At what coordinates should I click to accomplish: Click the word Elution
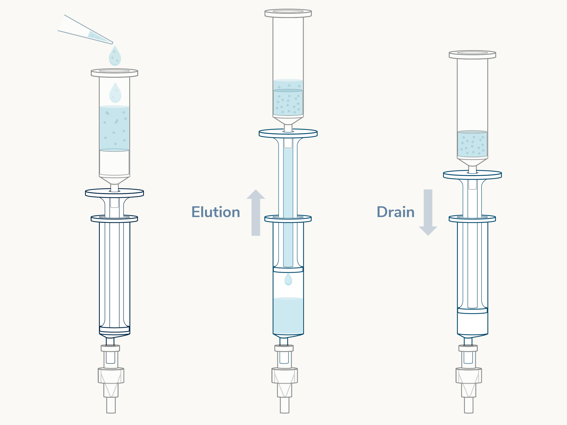pos(216,212)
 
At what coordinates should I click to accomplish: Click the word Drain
pos(396,212)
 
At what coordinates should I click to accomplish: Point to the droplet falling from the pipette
pos(115,56)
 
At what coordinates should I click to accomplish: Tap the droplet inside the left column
pos(115,93)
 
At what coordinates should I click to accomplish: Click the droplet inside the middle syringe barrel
pos(288,279)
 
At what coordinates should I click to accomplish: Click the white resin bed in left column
pos(114,163)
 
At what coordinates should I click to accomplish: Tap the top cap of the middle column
pos(288,13)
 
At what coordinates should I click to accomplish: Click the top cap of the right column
pos(472,55)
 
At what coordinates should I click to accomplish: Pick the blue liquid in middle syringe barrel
pos(288,316)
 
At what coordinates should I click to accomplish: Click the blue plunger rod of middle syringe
pos(288,205)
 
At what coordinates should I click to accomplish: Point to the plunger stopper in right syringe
pos(472,311)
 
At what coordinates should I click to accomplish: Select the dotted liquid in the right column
pos(472,144)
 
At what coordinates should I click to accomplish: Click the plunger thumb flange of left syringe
pos(114,193)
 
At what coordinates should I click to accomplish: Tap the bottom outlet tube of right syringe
pos(469,405)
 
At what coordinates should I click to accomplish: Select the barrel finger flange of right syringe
pos(472,218)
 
